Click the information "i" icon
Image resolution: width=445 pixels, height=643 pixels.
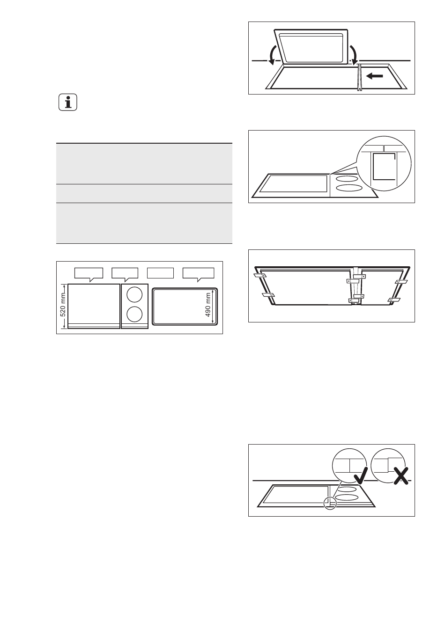pyautogui.click(x=68, y=102)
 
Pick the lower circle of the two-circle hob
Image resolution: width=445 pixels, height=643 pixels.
pyautogui.click(x=134, y=314)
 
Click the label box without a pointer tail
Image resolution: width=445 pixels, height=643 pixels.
pyautogui.click(x=160, y=273)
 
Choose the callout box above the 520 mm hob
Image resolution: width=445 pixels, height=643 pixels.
pyautogui.click(x=89, y=273)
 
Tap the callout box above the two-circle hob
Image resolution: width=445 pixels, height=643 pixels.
pyautogui.click(x=125, y=273)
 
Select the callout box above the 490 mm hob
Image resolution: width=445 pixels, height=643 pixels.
pyautogui.click(x=199, y=273)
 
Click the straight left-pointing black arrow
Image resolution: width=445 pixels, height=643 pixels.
pyautogui.click(x=375, y=76)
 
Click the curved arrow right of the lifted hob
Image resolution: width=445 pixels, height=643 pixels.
pyautogui.click(x=354, y=55)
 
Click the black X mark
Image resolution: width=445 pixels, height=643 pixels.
pyautogui.click(x=401, y=476)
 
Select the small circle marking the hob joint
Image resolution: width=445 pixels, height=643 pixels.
pyautogui.click(x=330, y=504)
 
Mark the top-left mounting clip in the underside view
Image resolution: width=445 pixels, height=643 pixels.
pyautogui.click(x=260, y=276)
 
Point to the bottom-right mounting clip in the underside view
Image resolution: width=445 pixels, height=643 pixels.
pyautogui.click(x=394, y=300)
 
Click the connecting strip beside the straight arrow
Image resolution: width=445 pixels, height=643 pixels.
pyautogui.click(x=359, y=77)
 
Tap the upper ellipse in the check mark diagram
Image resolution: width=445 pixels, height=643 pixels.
pyautogui.click(x=349, y=489)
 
